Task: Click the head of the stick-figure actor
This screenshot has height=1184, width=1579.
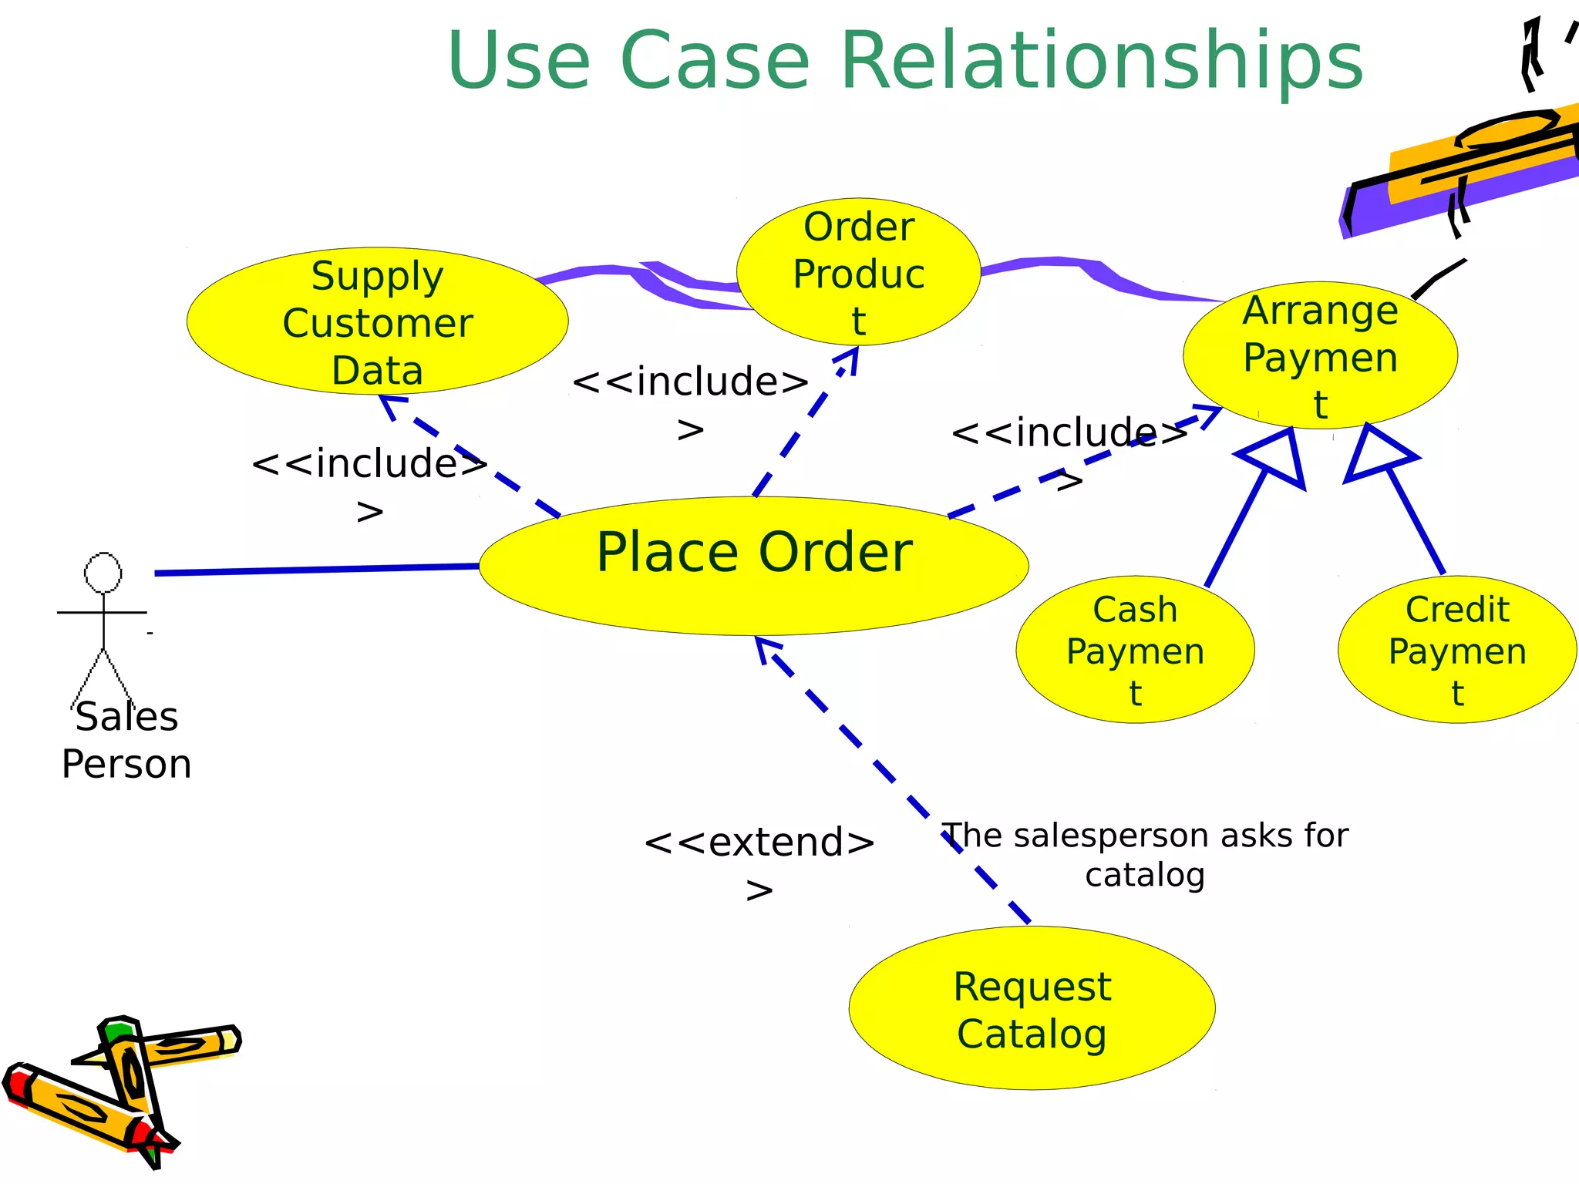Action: pos(103,573)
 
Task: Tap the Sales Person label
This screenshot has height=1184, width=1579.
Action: pos(126,740)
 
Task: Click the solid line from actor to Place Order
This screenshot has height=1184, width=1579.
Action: pos(316,570)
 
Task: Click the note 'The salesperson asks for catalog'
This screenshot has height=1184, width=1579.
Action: pos(1145,855)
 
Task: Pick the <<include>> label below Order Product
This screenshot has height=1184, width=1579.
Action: pos(690,402)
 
